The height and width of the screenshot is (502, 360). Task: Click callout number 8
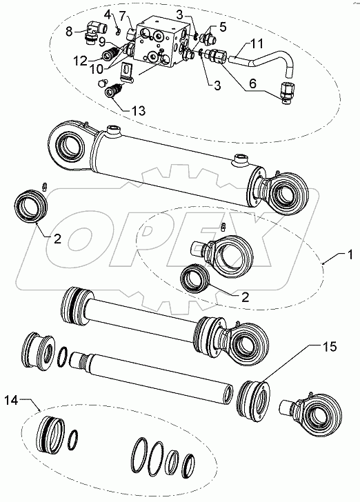coord(69,32)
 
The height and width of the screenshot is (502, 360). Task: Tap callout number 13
coord(138,110)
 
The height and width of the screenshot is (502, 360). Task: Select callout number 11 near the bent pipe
coord(256,44)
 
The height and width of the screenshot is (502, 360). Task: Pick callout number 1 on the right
coord(350,255)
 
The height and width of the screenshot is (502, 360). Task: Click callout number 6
coord(252,84)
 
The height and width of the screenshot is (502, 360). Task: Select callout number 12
coord(80,61)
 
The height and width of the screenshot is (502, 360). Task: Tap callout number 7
coord(123,15)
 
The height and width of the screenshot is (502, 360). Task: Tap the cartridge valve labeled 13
coord(113,90)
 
